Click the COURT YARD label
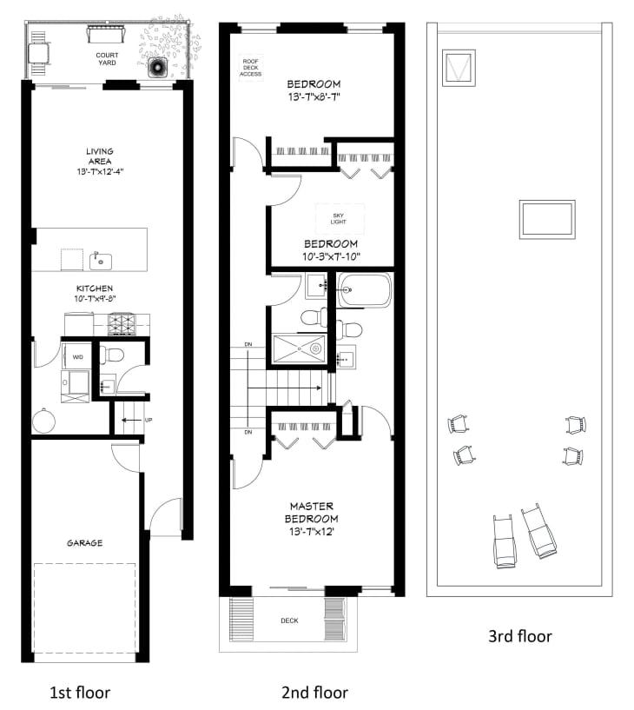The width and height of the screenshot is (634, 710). tap(107, 59)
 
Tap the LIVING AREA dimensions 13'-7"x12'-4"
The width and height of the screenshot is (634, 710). tap(100, 171)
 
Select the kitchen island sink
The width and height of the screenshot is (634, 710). tap(101, 262)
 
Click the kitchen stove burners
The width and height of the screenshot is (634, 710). tap(122, 324)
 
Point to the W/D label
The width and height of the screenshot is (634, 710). tap(78, 357)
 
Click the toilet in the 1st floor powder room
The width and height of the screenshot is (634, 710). tap(111, 355)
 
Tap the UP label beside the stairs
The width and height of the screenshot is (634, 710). tap(149, 421)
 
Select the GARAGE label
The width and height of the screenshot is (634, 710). tap(84, 543)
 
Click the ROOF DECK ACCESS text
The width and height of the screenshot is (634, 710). tap(251, 68)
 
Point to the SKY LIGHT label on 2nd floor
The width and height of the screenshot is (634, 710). tap(338, 219)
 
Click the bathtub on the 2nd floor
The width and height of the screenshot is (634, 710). tap(364, 290)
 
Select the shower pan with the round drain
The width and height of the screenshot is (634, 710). tap(299, 348)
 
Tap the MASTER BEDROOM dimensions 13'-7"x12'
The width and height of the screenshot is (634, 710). tap(311, 532)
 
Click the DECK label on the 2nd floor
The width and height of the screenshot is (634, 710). tap(289, 620)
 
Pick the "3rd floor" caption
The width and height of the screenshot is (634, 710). tap(520, 636)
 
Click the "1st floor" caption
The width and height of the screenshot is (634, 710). tap(80, 693)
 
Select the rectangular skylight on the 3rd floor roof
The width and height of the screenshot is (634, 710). tap(547, 220)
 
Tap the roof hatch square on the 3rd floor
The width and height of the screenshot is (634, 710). tap(459, 68)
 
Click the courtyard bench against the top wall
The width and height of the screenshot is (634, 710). tap(105, 35)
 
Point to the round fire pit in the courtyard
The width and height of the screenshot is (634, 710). tap(157, 68)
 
